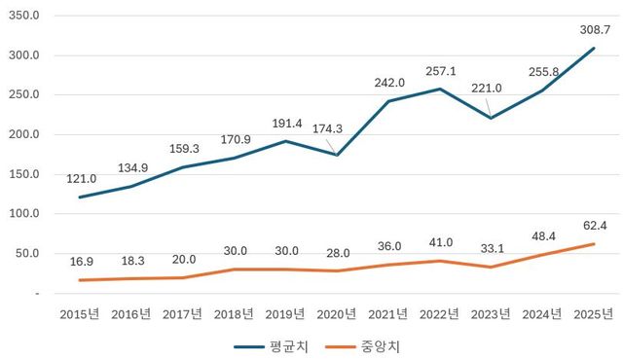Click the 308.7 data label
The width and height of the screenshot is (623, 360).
point(594,29)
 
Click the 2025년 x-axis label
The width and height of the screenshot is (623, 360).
point(594,313)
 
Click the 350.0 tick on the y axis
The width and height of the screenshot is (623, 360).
point(22,16)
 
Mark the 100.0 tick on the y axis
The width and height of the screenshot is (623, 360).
point(22,214)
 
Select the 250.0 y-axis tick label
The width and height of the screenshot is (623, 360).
point(22,95)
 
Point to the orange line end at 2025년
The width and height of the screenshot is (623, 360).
point(594,243)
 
